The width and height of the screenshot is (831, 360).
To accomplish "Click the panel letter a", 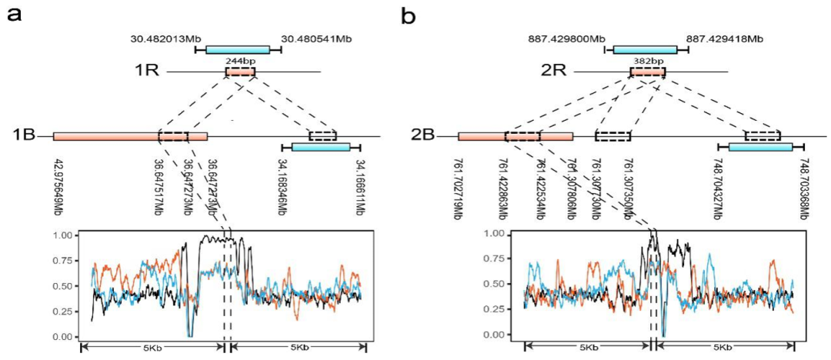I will pyautogui.click(x=13, y=15).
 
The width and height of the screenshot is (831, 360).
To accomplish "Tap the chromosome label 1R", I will pyautogui.click(x=145, y=72).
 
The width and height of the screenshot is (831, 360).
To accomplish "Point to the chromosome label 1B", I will pyautogui.click(x=24, y=137).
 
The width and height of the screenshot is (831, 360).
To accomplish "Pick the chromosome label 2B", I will pyautogui.click(x=424, y=137).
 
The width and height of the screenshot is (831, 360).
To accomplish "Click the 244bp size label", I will pyautogui.click(x=239, y=58).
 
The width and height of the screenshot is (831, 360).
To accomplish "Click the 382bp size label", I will pyautogui.click(x=647, y=58).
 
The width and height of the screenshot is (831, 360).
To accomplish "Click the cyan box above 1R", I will pyautogui.click(x=238, y=50).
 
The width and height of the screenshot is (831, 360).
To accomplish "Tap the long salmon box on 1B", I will pyautogui.click(x=130, y=137).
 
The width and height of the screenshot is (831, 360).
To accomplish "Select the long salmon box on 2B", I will pyautogui.click(x=515, y=137).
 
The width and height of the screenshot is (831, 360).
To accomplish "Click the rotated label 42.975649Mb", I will pyautogui.click(x=59, y=189).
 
